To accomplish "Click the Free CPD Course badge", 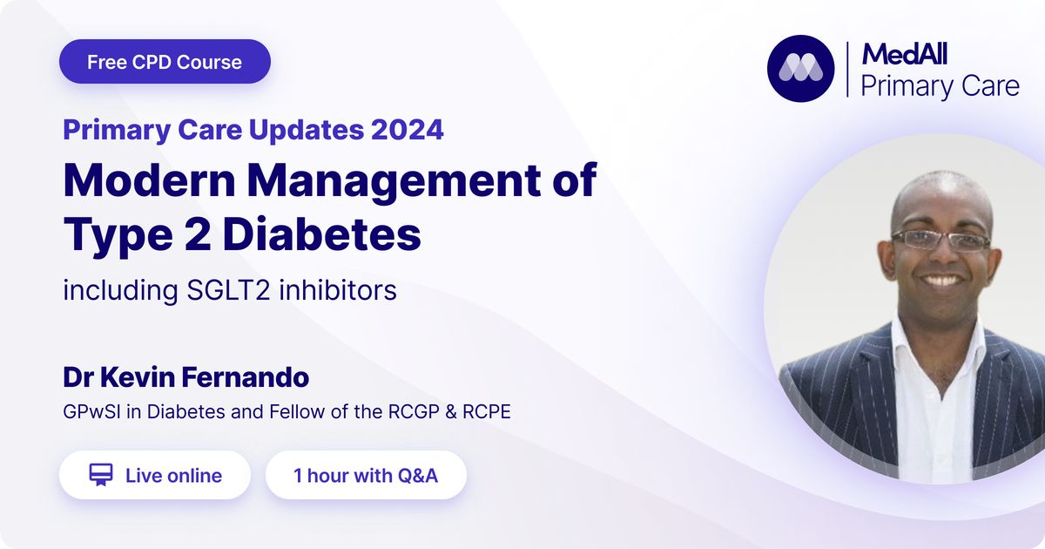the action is pyautogui.click(x=165, y=62).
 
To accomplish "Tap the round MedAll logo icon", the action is pyautogui.click(x=800, y=69).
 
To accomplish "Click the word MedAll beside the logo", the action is pyautogui.click(x=905, y=54).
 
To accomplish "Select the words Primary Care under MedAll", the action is pyautogui.click(x=940, y=86).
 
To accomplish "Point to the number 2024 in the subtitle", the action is pyautogui.click(x=407, y=129).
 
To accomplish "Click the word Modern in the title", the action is pyautogui.click(x=149, y=180).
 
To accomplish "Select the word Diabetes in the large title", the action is pyautogui.click(x=322, y=234).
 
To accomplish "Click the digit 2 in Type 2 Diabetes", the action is pyautogui.click(x=197, y=234).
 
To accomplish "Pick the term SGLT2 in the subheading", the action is pyautogui.click(x=228, y=290).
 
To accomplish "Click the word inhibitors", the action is pyautogui.click(x=338, y=289).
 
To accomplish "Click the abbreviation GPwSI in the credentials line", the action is pyautogui.click(x=92, y=411).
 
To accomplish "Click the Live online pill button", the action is pyautogui.click(x=155, y=475).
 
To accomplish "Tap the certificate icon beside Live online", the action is pyautogui.click(x=101, y=475).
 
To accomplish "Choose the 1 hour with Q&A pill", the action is pyautogui.click(x=367, y=475).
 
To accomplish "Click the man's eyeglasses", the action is pyautogui.click(x=940, y=241).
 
